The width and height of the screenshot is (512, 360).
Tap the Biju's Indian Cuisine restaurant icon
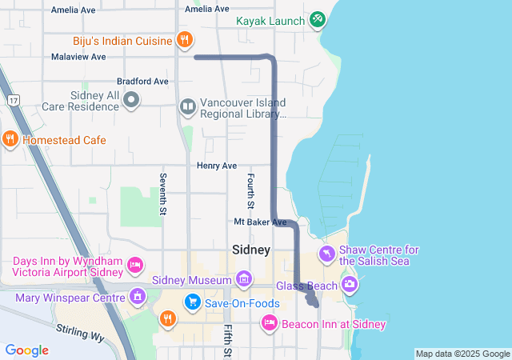pos(184,39)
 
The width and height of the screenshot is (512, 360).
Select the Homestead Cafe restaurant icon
pos(10,139)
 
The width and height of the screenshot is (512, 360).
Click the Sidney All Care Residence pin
pos(132,100)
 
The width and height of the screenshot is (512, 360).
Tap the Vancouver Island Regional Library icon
pos(187,106)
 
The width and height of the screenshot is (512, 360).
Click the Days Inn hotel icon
pos(135,264)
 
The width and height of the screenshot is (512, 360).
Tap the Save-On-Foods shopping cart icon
pos(192,302)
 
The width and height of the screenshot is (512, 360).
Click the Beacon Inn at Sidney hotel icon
pos(270,323)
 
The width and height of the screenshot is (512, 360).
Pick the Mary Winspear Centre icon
pos(138,298)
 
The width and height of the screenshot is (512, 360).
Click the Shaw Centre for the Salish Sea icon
pos(326,254)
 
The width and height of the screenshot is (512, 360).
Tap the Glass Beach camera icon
pos(350,284)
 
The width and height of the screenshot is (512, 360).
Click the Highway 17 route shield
pos(14,100)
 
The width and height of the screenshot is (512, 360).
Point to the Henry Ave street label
pos(217,166)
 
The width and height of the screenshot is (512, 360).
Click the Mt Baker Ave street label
pos(260,222)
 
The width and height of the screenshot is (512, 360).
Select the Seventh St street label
pos(162,194)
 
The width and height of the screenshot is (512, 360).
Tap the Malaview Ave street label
pos(78,57)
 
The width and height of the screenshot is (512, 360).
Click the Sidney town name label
pos(251,250)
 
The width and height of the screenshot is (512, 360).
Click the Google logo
pos(26,350)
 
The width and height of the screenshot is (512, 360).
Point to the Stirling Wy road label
pos(80,333)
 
